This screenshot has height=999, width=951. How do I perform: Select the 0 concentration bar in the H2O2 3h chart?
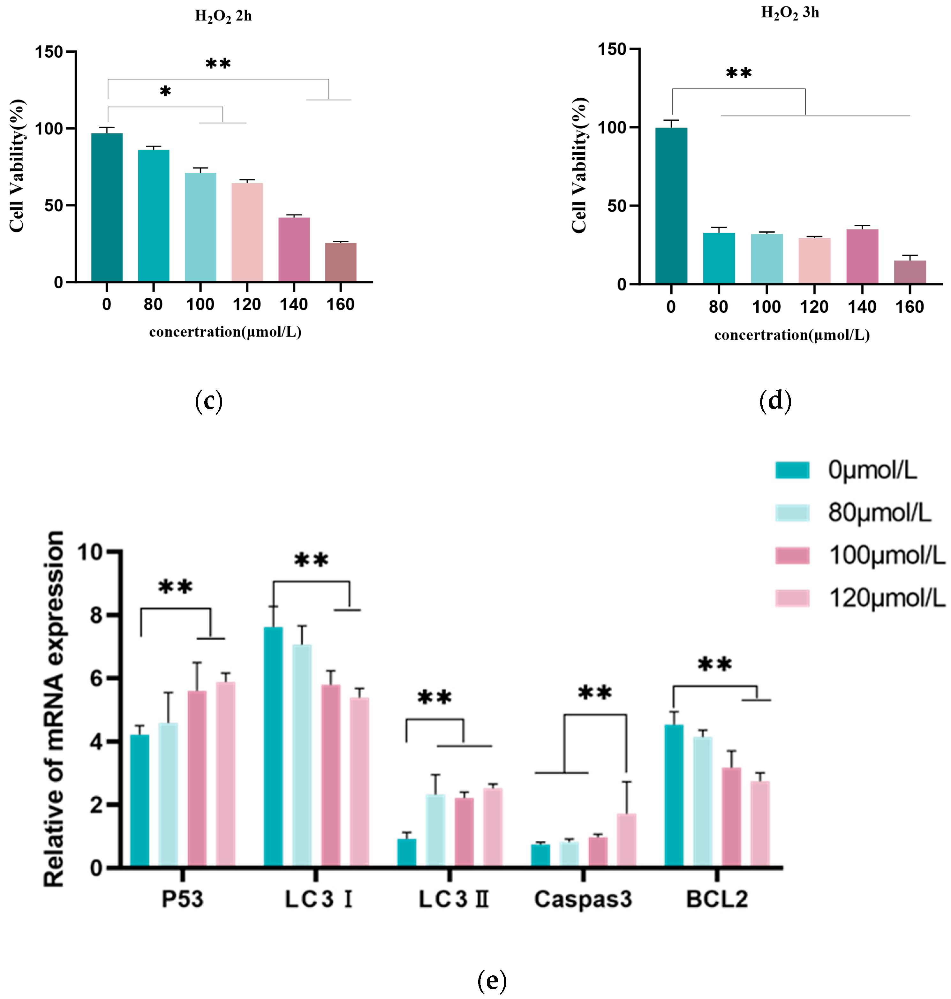(671, 205)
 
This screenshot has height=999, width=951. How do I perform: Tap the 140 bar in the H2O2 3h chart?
(862, 256)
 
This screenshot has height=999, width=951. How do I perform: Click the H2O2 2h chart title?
(223, 16)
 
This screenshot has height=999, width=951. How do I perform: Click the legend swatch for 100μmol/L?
(792, 555)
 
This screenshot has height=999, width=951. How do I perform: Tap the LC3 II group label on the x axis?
(453, 899)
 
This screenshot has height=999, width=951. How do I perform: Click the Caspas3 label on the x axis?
(583, 899)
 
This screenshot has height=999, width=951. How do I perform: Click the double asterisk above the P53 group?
(175, 588)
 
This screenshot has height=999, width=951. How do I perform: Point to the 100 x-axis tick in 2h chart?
(200, 304)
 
